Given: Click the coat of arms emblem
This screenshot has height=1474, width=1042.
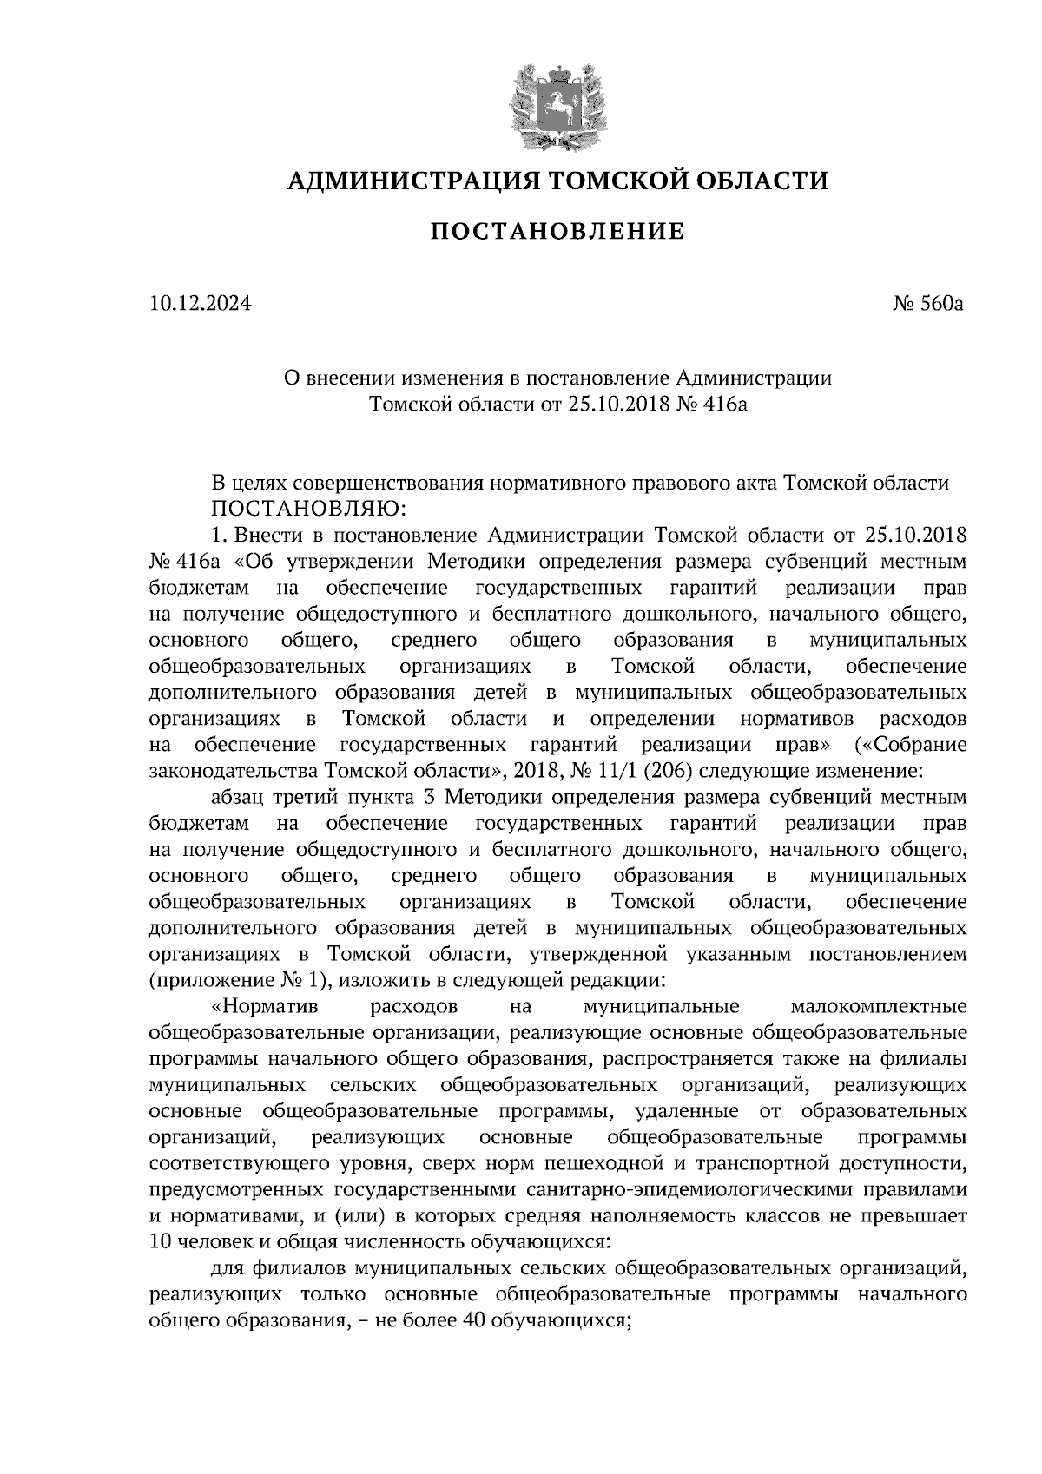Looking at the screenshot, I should [556, 104].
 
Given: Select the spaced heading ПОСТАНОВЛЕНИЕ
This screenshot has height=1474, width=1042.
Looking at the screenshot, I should [558, 231].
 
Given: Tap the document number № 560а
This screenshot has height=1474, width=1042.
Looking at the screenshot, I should [929, 305].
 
